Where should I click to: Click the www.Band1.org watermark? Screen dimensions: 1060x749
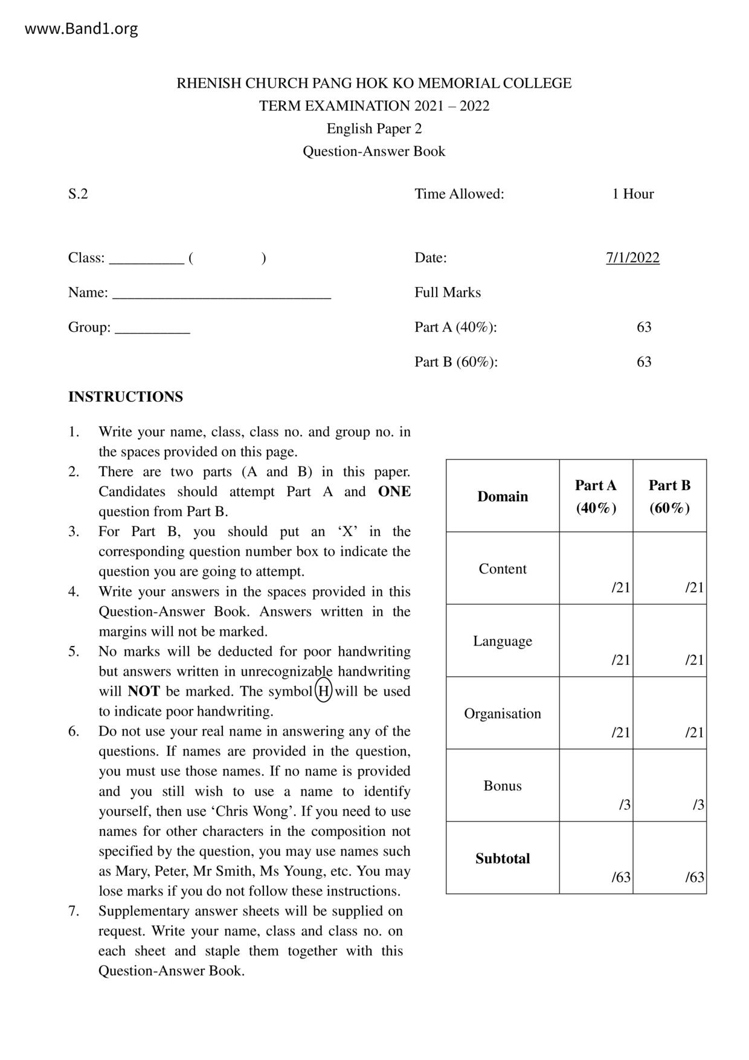tap(81, 28)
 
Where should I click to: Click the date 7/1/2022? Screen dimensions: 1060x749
tap(632, 257)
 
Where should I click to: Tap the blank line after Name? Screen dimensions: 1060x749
tap(222, 295)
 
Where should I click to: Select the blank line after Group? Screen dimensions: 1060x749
tap(152, 330)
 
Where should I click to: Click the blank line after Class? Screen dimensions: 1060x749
tap(146, 260)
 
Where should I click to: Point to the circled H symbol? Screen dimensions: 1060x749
tap(324, 691)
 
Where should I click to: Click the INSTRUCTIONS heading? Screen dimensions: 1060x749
tap(126, 397)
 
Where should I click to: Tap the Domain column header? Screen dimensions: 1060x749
tap(503, 496)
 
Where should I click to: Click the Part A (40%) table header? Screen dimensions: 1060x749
tap(596, 496)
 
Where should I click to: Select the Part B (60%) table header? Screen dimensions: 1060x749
tap(669, 496)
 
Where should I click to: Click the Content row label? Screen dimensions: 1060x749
tap(503, 569)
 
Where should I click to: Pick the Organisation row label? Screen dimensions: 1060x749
tap(503, 713)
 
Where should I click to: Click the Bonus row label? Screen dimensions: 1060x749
tap(503, 786)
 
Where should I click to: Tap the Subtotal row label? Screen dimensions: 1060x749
tap(503, 858)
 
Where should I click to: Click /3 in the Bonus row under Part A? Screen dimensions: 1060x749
tap(625, 804)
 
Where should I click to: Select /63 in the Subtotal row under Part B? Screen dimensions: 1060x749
tap(695, 877)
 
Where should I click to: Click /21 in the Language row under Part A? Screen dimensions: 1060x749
tap(621, 659)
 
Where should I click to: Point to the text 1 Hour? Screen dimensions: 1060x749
tap(632, 194)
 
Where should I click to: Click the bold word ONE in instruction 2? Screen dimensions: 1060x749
tap(394, 491)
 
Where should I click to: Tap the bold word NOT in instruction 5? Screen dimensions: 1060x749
tap(144, 691)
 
